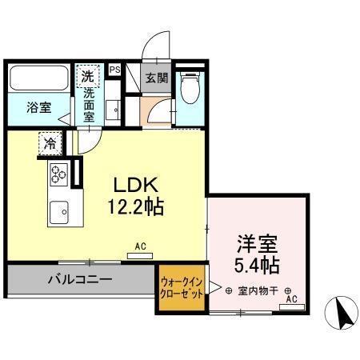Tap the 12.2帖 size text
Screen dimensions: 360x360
point(136,207)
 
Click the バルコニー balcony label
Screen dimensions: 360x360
point(78,280)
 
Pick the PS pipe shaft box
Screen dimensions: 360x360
point(115,70)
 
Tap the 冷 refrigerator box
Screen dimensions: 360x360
point(50,145)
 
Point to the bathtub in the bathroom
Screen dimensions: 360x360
point(38,79)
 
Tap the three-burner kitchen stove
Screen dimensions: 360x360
point(58,173)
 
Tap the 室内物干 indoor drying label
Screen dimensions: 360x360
point(256,290)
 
